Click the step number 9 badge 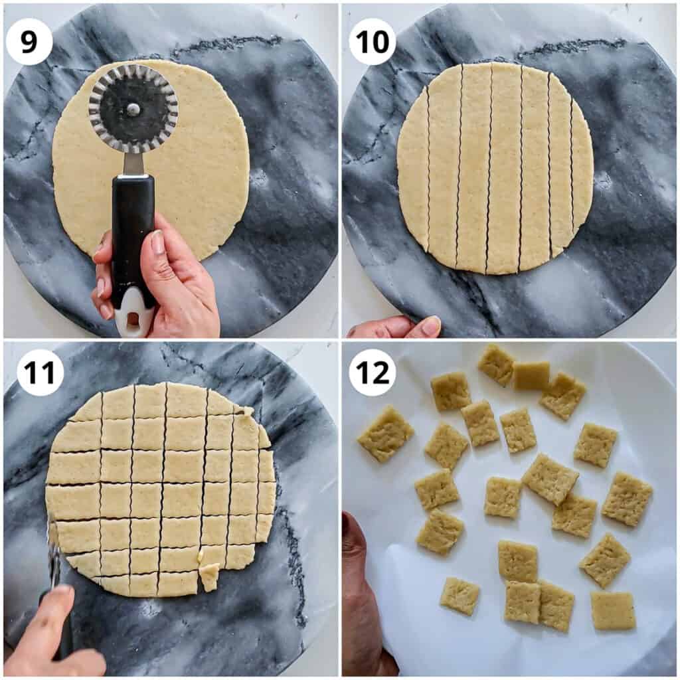coord(29,42)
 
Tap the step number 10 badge coord(373,42)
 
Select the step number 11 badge coord(41,373)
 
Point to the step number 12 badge coord(373,373)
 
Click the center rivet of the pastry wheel coord(133,107)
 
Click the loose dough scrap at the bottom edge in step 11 coord(210,577)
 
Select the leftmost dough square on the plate coord(386,434)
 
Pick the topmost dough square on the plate coord(497,365)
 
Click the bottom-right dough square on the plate coord(613,612)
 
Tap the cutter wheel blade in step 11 coord(53,553)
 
